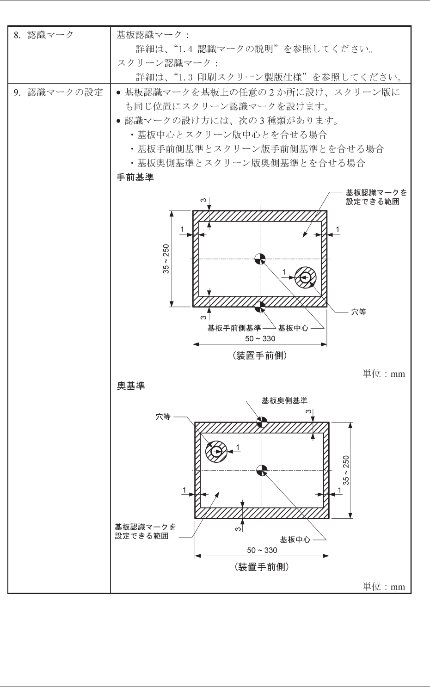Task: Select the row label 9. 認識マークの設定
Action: [x=58, y=92]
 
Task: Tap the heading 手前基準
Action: [x=135, y=177]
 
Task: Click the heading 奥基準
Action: [x=131, y=386]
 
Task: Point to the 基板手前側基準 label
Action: [x=234, y=328]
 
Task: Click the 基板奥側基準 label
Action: [x=284, y=401]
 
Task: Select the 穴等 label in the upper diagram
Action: [x=358, y=312]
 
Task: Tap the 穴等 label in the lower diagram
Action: [x=163, y=417]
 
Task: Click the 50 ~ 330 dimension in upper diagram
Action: [x=260, y=339]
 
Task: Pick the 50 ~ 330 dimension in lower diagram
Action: [x=262, y=550]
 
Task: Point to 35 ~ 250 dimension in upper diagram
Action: [x=166, y=259]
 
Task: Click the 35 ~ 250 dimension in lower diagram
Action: [x=346, y=470]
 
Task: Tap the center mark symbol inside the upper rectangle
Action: [x=260, y=259]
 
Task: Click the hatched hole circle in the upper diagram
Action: [x=305, y=278]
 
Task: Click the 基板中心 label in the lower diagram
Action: [x=295, y=540]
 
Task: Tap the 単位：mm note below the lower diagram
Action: [x=383, y=587]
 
